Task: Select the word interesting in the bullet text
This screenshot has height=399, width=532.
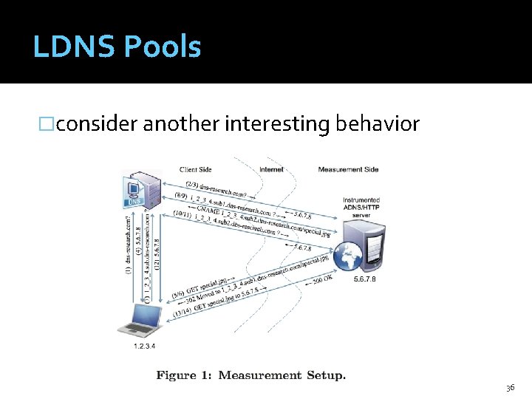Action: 277,123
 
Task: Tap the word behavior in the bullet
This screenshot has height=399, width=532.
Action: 378,123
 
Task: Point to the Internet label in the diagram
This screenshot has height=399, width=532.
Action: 271,169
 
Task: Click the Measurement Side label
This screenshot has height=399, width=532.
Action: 348,169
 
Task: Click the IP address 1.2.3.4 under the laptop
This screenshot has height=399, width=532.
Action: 144,345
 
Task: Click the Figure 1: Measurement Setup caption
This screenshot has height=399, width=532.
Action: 250,375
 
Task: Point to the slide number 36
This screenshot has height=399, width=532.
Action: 510,388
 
